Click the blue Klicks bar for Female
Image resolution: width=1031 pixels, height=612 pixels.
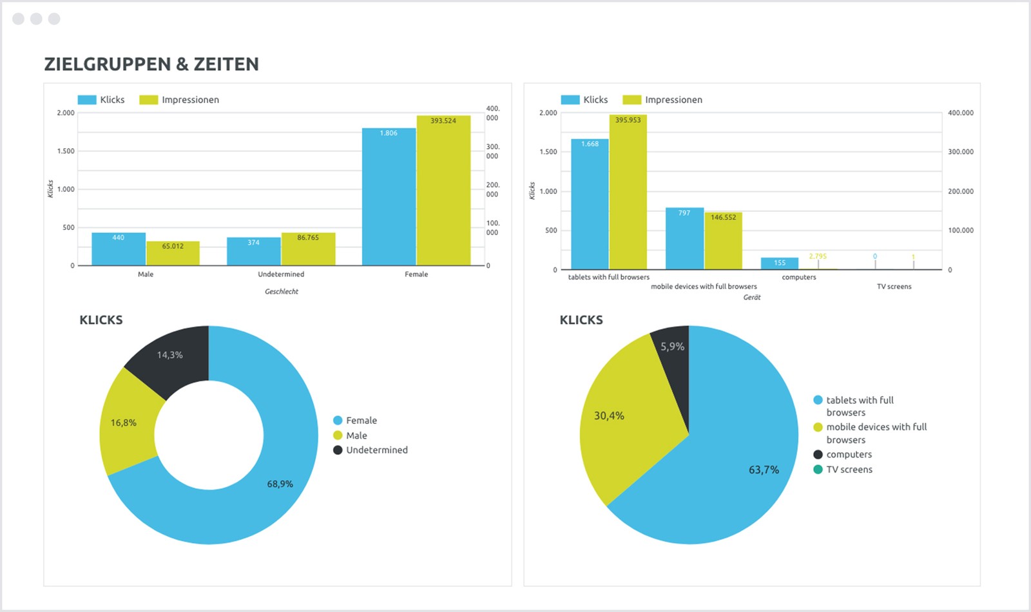(389, 196)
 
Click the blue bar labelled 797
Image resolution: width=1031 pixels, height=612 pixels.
(684, 238)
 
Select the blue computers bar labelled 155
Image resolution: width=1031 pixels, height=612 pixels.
(780, 263)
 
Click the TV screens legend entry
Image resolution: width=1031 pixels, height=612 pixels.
(849, 470)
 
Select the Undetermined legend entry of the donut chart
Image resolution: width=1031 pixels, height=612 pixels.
(376, 450)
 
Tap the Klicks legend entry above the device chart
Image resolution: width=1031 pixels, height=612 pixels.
(595, 100)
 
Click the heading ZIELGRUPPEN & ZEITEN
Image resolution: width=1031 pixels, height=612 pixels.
(151, 64)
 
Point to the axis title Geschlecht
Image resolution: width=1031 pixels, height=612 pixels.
(282, 292)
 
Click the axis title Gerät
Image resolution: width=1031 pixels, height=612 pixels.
(752, 298)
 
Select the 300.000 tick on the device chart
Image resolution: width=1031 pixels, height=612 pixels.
(960, 152)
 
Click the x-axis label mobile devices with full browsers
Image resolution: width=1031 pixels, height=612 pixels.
(704, 287)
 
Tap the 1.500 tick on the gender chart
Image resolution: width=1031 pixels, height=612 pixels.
(66, 151)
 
